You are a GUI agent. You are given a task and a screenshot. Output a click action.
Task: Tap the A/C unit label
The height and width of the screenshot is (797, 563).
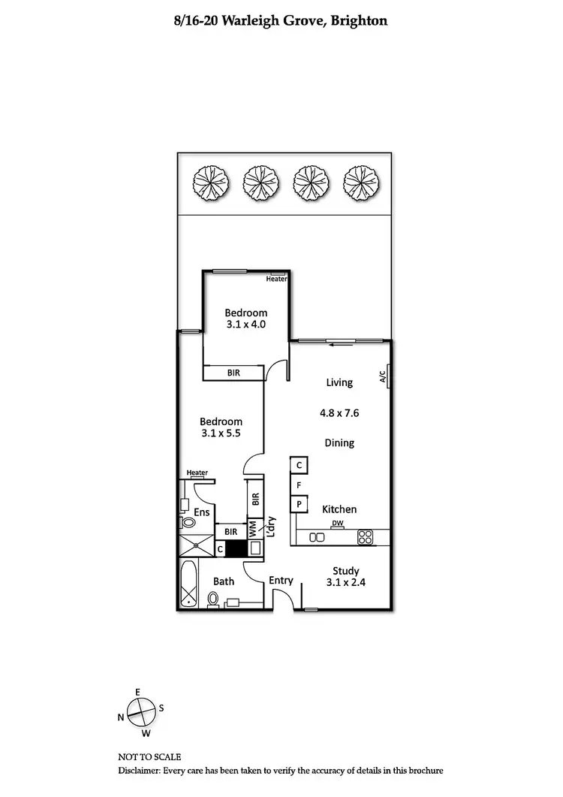383,375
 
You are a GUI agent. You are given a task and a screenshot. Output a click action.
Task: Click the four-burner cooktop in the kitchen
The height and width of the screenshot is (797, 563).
366,536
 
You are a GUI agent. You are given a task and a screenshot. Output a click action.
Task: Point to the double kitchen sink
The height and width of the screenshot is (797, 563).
317,536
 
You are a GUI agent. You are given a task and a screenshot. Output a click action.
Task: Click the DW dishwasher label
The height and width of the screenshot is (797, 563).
338,524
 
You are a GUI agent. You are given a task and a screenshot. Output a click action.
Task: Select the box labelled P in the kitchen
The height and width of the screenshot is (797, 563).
298,503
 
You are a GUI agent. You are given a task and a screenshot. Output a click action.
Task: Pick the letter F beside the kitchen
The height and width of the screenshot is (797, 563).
298,485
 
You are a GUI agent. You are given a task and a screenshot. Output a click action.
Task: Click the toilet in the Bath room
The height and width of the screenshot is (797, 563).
213,599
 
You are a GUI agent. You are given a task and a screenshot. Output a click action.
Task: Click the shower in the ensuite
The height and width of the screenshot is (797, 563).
196,545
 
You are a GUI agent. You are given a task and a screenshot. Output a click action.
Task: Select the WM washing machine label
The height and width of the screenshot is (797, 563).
253,527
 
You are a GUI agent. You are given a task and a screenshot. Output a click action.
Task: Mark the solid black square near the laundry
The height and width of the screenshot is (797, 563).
236,549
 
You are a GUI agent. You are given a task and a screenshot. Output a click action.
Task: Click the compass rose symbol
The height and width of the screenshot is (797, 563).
140,711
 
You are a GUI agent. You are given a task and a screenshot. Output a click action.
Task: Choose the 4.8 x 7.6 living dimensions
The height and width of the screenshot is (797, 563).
339,412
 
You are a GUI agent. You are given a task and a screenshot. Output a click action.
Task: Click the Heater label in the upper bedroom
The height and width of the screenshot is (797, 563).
277,279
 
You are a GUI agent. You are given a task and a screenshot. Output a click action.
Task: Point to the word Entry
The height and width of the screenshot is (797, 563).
281,581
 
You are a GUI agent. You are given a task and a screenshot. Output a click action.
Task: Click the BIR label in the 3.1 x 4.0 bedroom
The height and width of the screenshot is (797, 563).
234,373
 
